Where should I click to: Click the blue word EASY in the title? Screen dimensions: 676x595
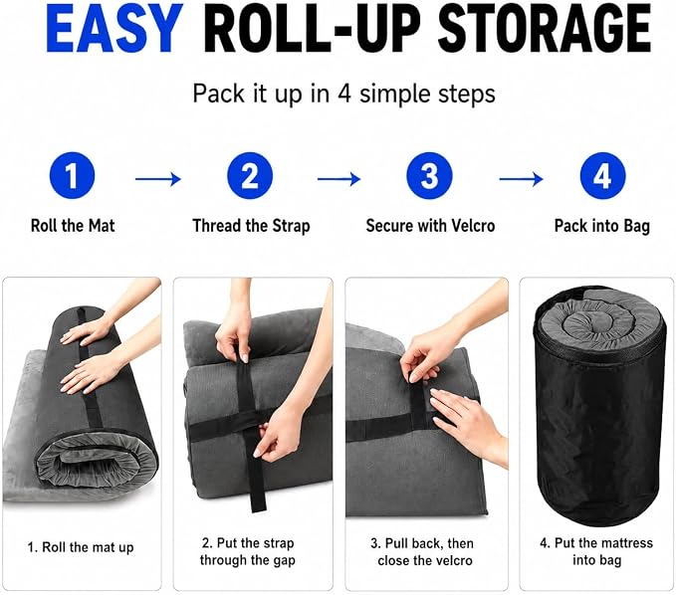pos(114,29)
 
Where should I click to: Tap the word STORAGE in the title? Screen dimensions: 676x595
pos(544,29)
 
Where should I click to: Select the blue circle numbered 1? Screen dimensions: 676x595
pos(72,176)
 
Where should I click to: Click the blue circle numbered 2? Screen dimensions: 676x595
pos(250,176)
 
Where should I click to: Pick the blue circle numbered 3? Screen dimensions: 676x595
pos(429,176)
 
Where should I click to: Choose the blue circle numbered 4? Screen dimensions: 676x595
pos(602,176)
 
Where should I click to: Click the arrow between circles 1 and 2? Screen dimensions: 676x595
pos(157,179)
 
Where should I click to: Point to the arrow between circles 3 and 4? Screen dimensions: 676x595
pos(521,179)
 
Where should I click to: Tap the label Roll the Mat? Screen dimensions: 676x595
pos(73,226)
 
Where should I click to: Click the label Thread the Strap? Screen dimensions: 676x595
pos(251,226)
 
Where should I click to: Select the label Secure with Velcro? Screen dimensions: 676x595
pos(430,226)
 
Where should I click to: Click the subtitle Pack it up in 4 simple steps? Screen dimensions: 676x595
pos(344,94)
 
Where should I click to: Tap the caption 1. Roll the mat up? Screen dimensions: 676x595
pos(81,547)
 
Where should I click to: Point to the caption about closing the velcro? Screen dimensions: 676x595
pos(422,552)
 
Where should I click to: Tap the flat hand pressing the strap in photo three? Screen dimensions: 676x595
pos(466,420)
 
